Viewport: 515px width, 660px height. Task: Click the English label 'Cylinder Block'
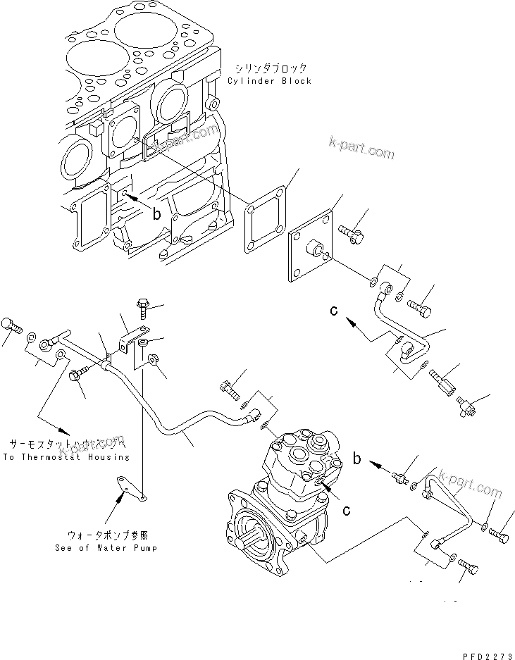tap(269, 81)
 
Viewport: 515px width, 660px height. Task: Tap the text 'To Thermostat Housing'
tap(66, 457)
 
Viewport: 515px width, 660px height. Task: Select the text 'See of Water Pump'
tap(106, 547)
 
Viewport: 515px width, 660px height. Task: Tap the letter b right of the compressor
tap(357, 459)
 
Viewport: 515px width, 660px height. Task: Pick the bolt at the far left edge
tap(10, 325)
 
